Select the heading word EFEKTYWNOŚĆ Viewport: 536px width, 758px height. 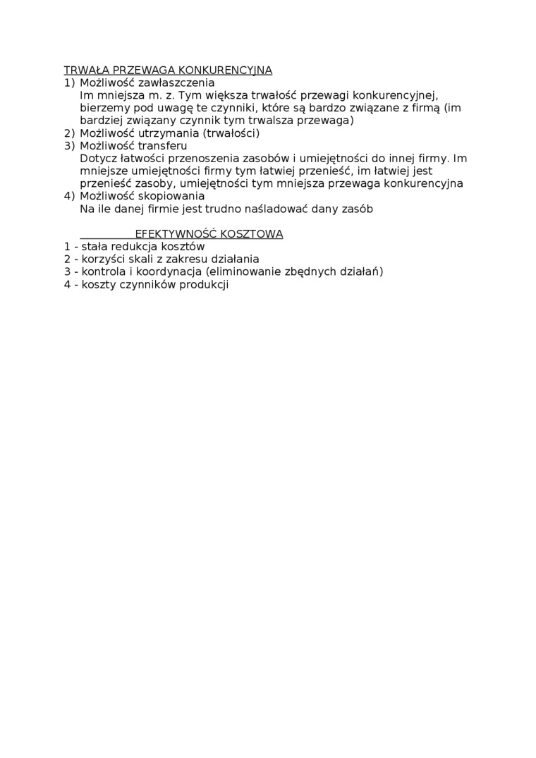[174, 234]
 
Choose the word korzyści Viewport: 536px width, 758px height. [103, 259]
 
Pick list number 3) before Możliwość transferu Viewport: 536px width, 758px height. [69, 146]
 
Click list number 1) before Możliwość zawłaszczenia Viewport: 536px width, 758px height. [69, 83]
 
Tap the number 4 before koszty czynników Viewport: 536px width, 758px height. [67, 285]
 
